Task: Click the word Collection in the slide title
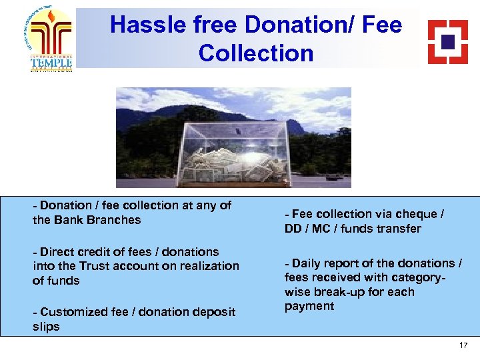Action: (255, 53)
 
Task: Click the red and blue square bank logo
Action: (447, 41)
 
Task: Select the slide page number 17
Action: (463, 345)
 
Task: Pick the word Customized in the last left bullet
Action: (69, 312)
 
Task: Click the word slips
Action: (46, 327)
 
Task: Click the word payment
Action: (300, 306)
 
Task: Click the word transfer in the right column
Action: (401, 229)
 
